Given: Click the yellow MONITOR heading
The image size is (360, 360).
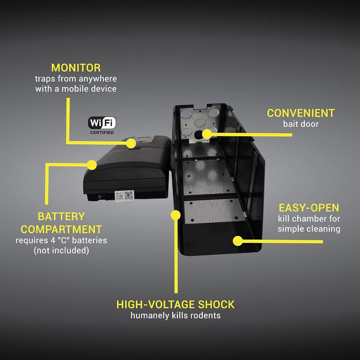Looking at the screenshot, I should click(x=76, y=67).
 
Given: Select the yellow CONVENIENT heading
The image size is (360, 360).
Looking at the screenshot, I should click(x=301, y=113).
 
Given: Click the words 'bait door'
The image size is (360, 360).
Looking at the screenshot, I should click(x=301, y=124).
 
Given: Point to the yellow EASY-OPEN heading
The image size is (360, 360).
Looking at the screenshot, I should click(x=309, y=207).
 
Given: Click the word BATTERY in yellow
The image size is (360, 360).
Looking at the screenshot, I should click(x=61, y=216).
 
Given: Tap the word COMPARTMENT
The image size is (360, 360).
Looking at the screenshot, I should click(x=61, y=229).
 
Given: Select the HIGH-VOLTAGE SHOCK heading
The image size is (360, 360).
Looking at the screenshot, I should click(x=175, y=304).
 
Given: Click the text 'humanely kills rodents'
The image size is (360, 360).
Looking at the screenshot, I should click(x=175, y=315).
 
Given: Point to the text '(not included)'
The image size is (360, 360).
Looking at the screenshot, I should click(x=61, y=251).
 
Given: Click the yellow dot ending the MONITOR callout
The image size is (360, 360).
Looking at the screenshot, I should click(x=131, y=143).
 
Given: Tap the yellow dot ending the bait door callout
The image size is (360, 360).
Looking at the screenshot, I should click(x=207, y=134).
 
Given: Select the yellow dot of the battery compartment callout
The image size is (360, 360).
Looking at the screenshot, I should click(x=92, y=164).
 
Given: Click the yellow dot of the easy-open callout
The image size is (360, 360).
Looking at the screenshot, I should click(x=238, y=241).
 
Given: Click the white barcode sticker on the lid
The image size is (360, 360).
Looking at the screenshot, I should click(x=124, y=195).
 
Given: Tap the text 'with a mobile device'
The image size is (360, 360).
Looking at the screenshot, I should click(x=76, y=89).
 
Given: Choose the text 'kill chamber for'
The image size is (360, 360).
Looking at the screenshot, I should click(x=309, y=219).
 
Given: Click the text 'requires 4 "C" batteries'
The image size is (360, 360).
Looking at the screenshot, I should click(x=61, y=241).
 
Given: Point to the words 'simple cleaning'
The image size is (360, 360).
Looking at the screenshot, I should click(x=309, y=229).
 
